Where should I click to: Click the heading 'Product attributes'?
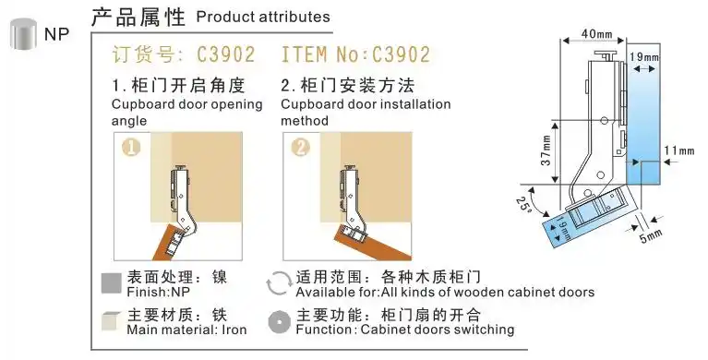[263, 18]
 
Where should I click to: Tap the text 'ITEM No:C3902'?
[355, 53]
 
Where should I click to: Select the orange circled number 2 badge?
[301, 147]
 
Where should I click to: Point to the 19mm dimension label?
[645, 57]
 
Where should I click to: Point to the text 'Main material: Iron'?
[186, 330]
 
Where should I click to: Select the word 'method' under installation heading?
[306, 120]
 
